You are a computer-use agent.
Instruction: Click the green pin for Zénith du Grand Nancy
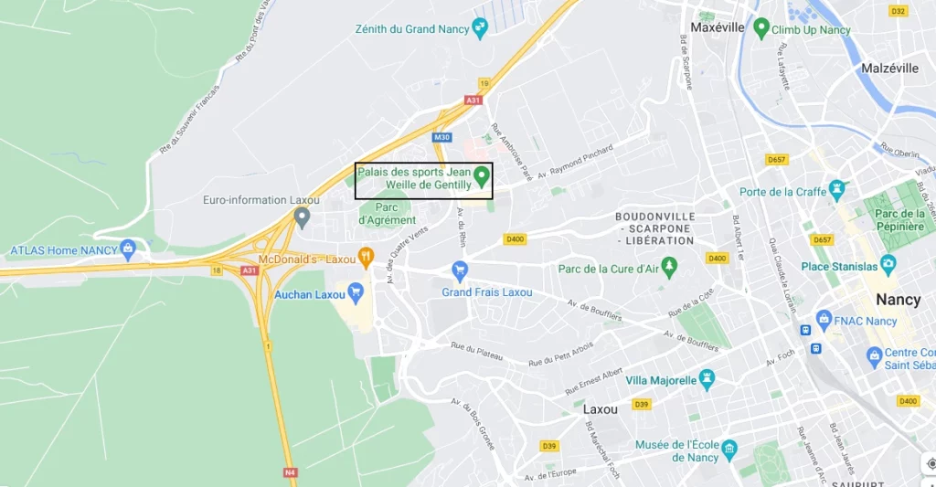tap(480, 28)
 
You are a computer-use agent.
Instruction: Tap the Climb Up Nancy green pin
tap(760, 29)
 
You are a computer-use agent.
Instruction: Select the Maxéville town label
tap(718, 27)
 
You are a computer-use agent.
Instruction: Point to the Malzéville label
tap(889, 68)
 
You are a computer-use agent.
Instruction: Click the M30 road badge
tap(442, 137)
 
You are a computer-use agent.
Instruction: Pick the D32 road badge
tap(899, 11)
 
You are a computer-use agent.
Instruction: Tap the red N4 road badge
tap(291, 472)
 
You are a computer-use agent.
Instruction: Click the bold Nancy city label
tap(898, 300)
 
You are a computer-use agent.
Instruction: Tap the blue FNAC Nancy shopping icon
tap(825, 321)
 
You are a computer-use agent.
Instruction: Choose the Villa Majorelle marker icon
tap(707, 379)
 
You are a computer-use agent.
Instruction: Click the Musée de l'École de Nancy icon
tap(729, 448)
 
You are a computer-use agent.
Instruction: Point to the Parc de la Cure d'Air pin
tap(670, 268)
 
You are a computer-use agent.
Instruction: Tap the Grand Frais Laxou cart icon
tap(460, 270)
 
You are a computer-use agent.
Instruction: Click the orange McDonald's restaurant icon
tap(366, 257)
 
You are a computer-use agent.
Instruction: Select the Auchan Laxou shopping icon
tap(356, 292)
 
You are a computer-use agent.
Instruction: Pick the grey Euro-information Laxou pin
tap(303, 217)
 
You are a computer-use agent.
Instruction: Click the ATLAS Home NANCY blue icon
tap(128, 249)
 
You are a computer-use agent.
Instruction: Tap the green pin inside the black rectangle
tap(482, 176)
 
